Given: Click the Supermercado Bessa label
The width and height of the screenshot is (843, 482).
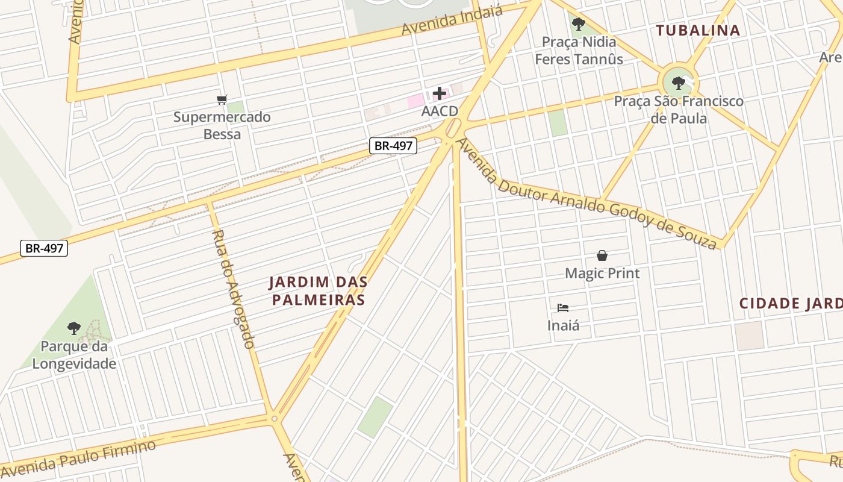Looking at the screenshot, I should (x=222, y=125).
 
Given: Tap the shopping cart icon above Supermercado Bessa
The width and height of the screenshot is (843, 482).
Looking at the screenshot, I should (x=222, y=99).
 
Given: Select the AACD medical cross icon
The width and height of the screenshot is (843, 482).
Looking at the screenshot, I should (x=440, y=93).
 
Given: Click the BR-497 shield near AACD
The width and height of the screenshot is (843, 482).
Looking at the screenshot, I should (x=393, y=145).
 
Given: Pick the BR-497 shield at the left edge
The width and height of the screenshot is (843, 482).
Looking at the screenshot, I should (x=44, y=248).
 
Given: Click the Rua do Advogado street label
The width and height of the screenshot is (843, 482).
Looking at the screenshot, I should (x=234, y=289).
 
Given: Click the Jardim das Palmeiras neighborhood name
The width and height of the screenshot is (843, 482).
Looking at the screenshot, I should (x=318, y=291).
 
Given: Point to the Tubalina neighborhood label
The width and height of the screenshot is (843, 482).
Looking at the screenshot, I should (x=698, y=31).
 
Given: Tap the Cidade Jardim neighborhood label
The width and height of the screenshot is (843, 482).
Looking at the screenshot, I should (x=790, y=304).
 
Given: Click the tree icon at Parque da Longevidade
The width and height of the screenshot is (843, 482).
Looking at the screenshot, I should (x=74, y=328).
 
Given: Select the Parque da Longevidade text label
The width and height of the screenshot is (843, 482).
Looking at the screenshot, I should (x=74, y=355).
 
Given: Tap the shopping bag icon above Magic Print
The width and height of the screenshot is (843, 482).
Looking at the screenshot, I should (x=602, y=255).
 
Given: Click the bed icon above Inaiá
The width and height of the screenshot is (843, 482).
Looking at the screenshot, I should (x=563, y=308).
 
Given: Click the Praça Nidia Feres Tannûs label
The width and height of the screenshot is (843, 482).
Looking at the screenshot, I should (x=579, y=51).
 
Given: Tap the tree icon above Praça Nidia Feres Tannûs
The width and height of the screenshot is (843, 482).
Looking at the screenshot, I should (x=579, y=24).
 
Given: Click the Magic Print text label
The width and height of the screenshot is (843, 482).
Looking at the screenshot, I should (x=602, y=274).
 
